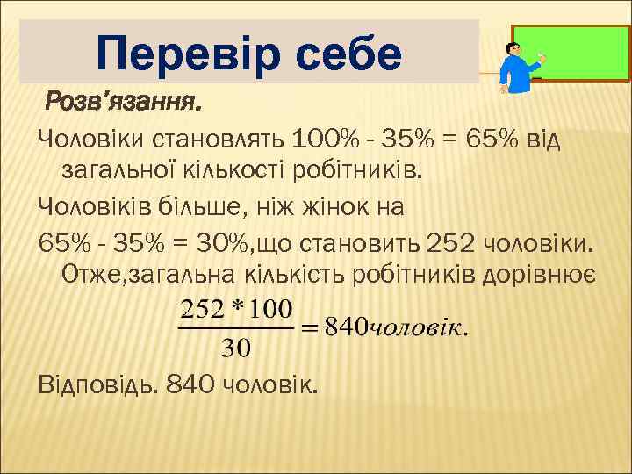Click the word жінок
tap(327, 208)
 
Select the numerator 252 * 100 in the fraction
tap(236, 312)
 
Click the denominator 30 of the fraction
tap(236, 348)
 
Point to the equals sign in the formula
tap(310, 329)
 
